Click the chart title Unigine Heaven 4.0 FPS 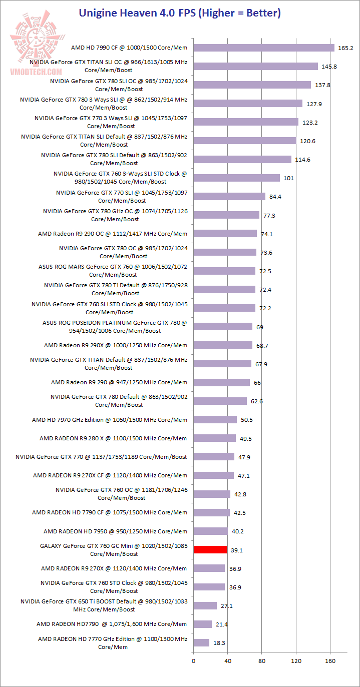180,13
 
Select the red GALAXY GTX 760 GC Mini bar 210,549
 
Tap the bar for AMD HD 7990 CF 263,48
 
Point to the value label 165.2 346,48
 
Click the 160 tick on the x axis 330,661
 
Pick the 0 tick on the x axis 193,661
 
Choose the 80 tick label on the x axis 262,661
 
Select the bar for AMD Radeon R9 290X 223,345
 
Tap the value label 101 289,178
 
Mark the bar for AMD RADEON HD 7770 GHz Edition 201,642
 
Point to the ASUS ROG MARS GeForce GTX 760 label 113,271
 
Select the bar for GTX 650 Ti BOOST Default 205,605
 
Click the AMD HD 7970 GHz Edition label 110,420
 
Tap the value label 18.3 219,643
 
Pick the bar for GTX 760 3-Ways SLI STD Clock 236,178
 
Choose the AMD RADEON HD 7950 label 115,531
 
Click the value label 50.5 247,420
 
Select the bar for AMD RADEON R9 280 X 214,438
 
